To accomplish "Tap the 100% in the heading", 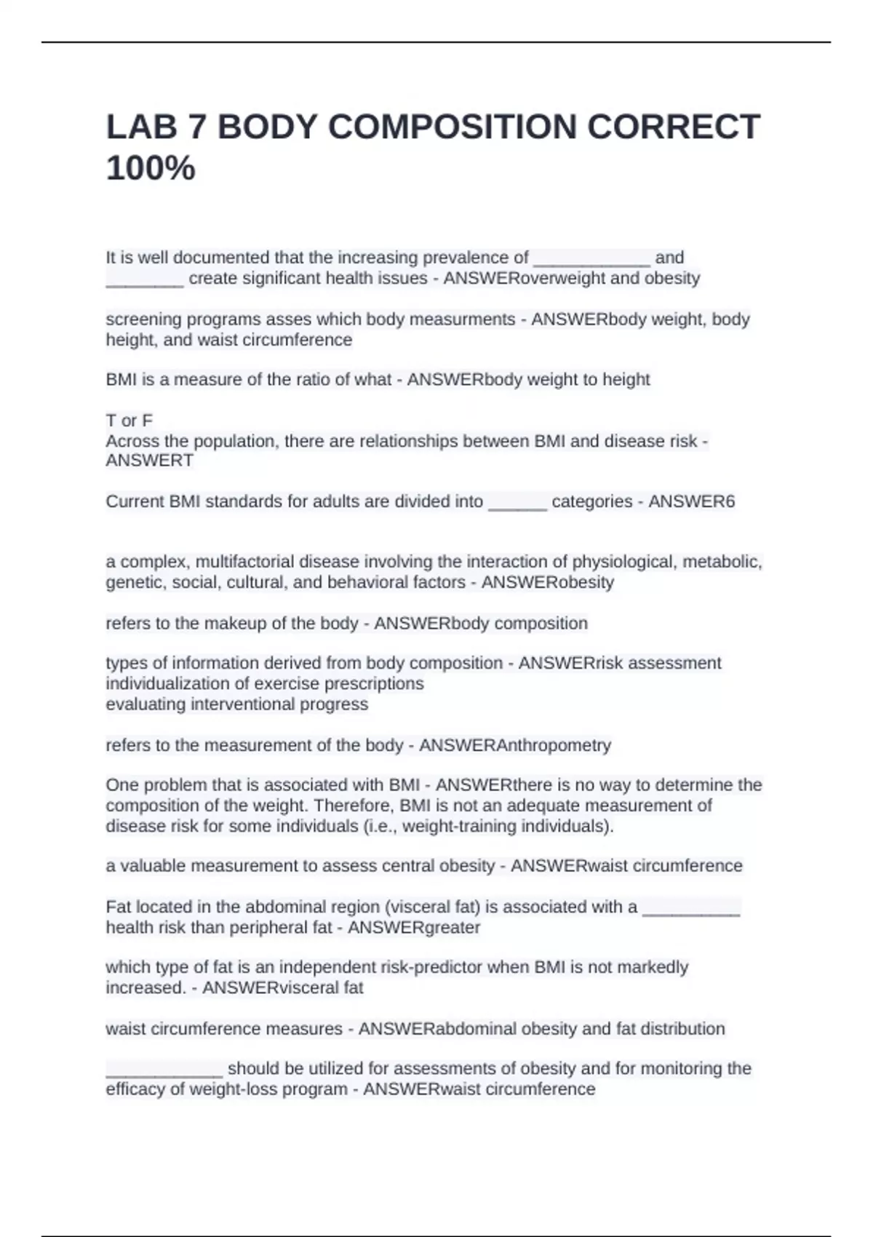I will pyautogui.click(x=151, y=169).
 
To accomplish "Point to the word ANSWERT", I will pyautogui.click(x=149, y=461).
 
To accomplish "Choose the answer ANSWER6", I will pyautogui.click(x=691, y=501).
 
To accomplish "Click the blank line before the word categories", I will pyautogui.click(x=517, y=503).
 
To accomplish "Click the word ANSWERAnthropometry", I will pyautogui.click(x=515, y=745).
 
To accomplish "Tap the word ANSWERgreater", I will pyautogui.click(x=414, y=928).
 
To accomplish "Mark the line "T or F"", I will pyautogui.click(x=129, y=421).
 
